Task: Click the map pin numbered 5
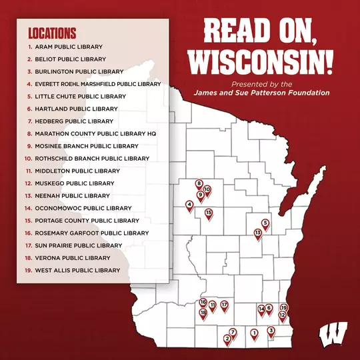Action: [x=265, y=223]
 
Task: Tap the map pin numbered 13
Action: [x=258, y=233]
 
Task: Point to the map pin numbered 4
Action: [x=190, y=205]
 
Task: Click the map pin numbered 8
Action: [x=199, y=183]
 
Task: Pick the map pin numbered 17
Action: [x=225, y=305]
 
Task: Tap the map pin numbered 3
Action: [x=271, y=331]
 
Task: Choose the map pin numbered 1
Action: [x=253, y=333]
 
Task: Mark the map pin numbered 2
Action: [x=227, y=339]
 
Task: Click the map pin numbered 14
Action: [x=261, y=309]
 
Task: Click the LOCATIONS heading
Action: [x=52, y=33]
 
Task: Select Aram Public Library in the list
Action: [x=70, y=47]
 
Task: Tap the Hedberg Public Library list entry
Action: [x=74, y=121]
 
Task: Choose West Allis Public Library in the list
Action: [x=77, y=270]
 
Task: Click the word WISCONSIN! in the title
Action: [x=261, y=62]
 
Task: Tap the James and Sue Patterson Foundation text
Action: [x=261, y=93]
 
